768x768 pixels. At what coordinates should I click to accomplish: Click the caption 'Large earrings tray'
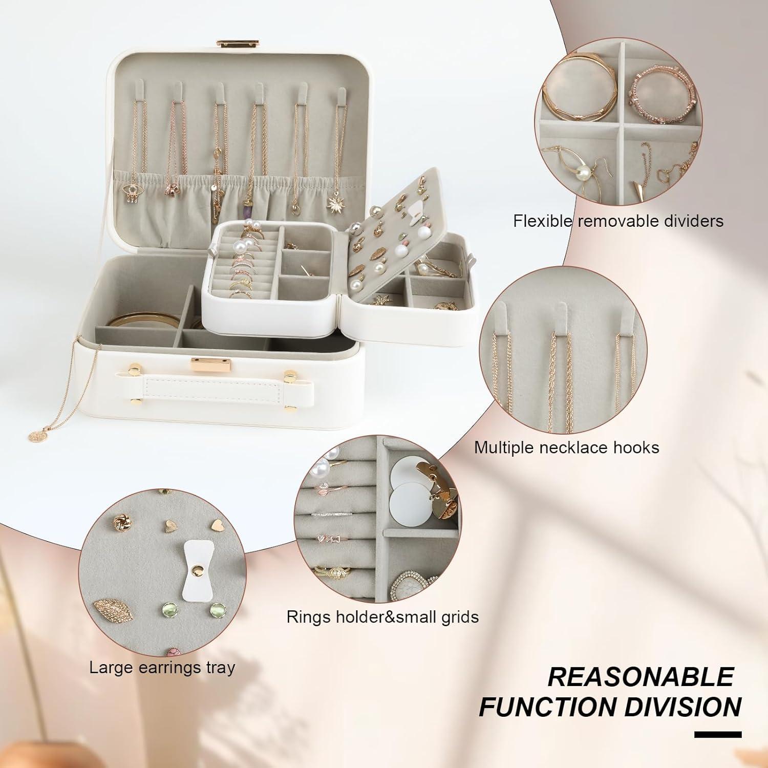162,668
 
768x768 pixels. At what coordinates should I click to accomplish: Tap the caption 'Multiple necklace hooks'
566,447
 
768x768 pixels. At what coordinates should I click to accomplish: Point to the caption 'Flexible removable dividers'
618,221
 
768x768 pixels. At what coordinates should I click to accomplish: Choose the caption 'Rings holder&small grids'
382,616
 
